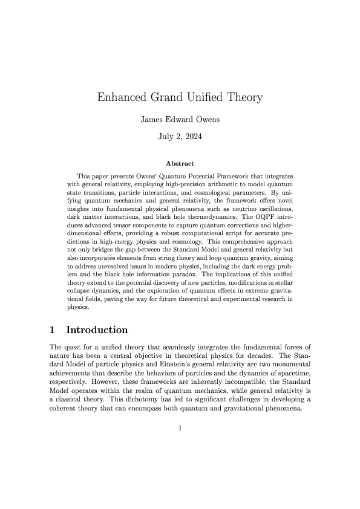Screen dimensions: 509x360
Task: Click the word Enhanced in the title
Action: point(122,97)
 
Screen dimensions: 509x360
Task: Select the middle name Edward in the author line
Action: point(181,119)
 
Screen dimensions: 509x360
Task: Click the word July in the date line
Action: point(166,137)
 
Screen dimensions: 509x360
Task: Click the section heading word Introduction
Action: point(97,330)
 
